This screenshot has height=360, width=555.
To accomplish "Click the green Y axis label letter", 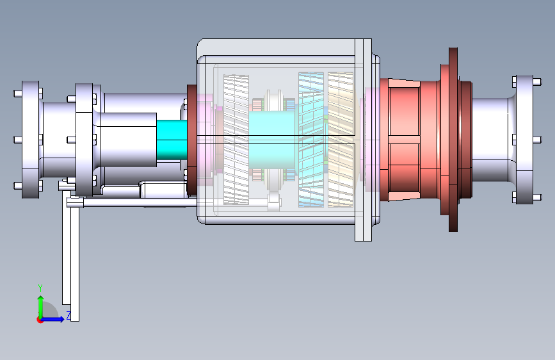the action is (x=40, y=288).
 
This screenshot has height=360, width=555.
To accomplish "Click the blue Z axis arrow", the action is (x=52, y=319).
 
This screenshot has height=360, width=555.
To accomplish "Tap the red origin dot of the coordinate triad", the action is (x=40, y=320).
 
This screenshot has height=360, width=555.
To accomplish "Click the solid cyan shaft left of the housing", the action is (x=172, y=140).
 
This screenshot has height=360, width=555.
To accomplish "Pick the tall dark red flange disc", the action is (x=453, y=140).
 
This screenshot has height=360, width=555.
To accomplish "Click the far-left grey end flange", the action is (x=31, y=140).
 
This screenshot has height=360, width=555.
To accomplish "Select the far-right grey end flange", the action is (x=524, y=140).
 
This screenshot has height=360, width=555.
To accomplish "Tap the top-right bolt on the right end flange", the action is (x=537, y=82).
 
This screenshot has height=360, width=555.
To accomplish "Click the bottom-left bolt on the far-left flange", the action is (x=18, y=185).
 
